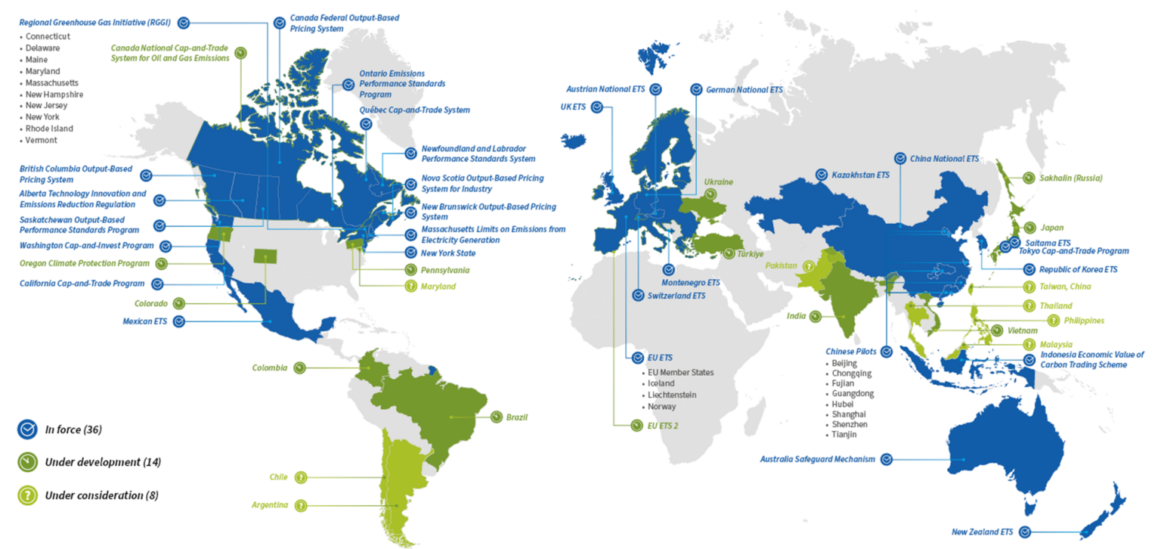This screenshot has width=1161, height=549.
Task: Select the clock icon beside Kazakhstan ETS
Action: pyautogui.click(x=822, y=175)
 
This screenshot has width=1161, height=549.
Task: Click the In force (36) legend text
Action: pyautogui.click(x=73, y=430)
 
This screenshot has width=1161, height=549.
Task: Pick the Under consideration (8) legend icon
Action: pyautogui.click(x=28, y=495)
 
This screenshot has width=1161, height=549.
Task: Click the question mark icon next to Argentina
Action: pyautogui.click(x=302, y=505)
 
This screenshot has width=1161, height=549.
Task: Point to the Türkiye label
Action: pyautogui.click(x=751, y=255)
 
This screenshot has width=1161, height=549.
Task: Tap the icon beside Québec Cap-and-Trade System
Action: pyautogui.click(x=367, y=125)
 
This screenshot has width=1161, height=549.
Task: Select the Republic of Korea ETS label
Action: pyautogui.click(x=1080, y=269)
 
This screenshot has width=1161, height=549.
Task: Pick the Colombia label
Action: pyautogui.click(x=270, y=368)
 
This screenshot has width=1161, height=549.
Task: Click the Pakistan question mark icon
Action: pyautogui.click(x=808, y=266)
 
